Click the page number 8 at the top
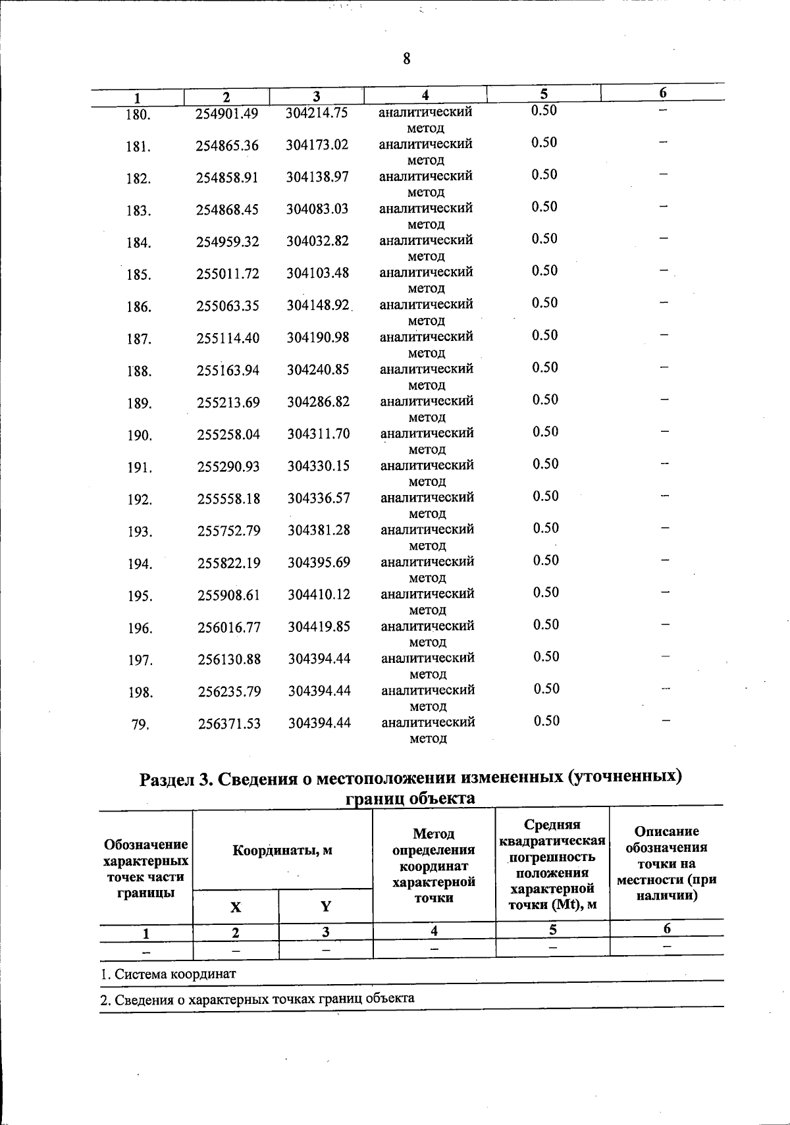pyautogui.click(x=406, y=59)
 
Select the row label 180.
pyautogui.click(x=138, y=115)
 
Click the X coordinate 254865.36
pyautogui.click(x=227, y=146)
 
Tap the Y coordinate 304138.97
pyautogui.click(x=317, y=176)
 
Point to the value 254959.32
pyautogui.click(x=228, y=242)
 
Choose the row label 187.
pyautogui.click(x=140, y=340)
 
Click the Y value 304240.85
pyautogui.click(x=318, y=369)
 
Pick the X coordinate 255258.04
pyautogui.click(x=228, y=434)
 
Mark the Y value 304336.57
pyautogui.click(x=319, y=498)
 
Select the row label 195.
pyautogui.click(x=140, y=596)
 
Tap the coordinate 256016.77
pyautogui.click(x=229, y=628)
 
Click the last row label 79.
pyautogui.click(x=140, y=725)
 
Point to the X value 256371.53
pyautogui.click(x=229, y=724)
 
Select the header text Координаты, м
pyautogui.click(x=282, y=850)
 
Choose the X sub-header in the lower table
pyautogui.click(x=236, y=906)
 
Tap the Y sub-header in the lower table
pyautogui.click(x=325, y=906)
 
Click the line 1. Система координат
pyautogui.click(x=169, y=974)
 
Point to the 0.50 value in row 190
pyautogui.click(x=546, y=432)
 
